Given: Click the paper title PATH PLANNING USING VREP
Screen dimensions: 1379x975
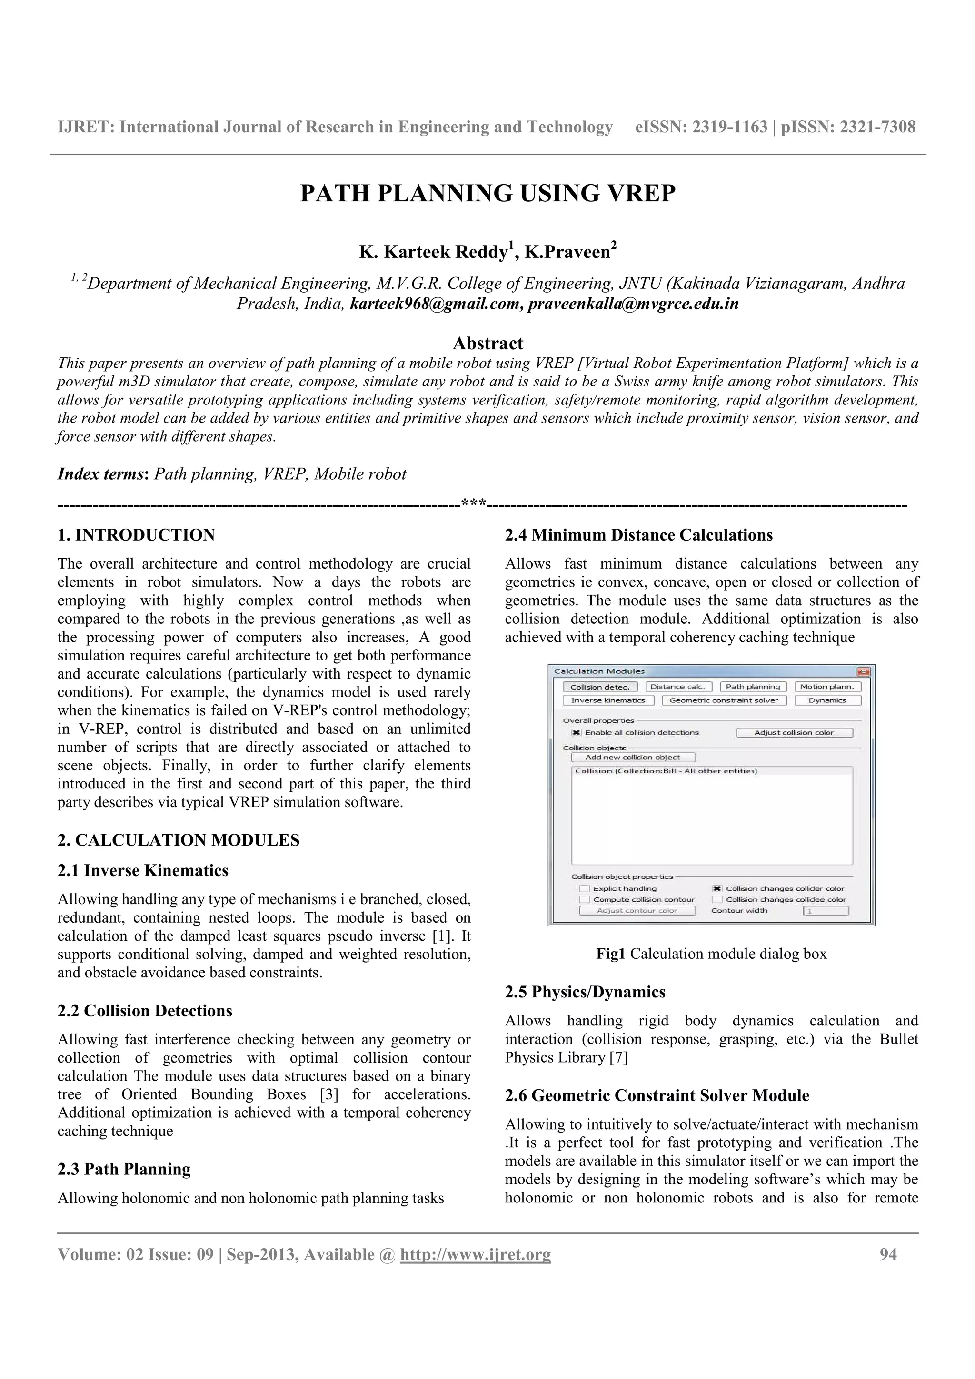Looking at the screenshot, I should (x=487, y=193).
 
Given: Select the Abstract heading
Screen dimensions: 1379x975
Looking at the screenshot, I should (x=487, y=344).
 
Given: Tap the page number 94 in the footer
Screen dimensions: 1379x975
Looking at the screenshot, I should (x=888, y=1254).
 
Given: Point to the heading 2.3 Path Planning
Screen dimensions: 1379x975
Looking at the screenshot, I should (x=124, y=1169).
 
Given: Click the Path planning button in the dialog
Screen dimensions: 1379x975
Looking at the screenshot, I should (x=752, y=687).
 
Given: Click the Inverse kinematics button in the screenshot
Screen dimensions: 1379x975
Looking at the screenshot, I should (x=607, y=700).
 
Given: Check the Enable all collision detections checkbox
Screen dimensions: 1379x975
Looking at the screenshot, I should (x=577, y=733).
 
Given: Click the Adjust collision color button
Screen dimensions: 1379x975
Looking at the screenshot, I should (x=794, y=733).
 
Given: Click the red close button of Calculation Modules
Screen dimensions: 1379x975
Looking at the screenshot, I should (x=863, y=671).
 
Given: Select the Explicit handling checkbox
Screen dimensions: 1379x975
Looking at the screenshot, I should (x=585, y=889).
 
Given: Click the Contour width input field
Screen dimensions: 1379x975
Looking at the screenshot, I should (x=826, y=911).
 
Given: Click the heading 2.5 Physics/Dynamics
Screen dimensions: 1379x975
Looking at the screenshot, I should (x=585, y=992).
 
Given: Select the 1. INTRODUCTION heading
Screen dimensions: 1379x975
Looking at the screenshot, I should (x=136, y=535).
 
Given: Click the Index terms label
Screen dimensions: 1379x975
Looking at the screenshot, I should (x=103, y=474).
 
